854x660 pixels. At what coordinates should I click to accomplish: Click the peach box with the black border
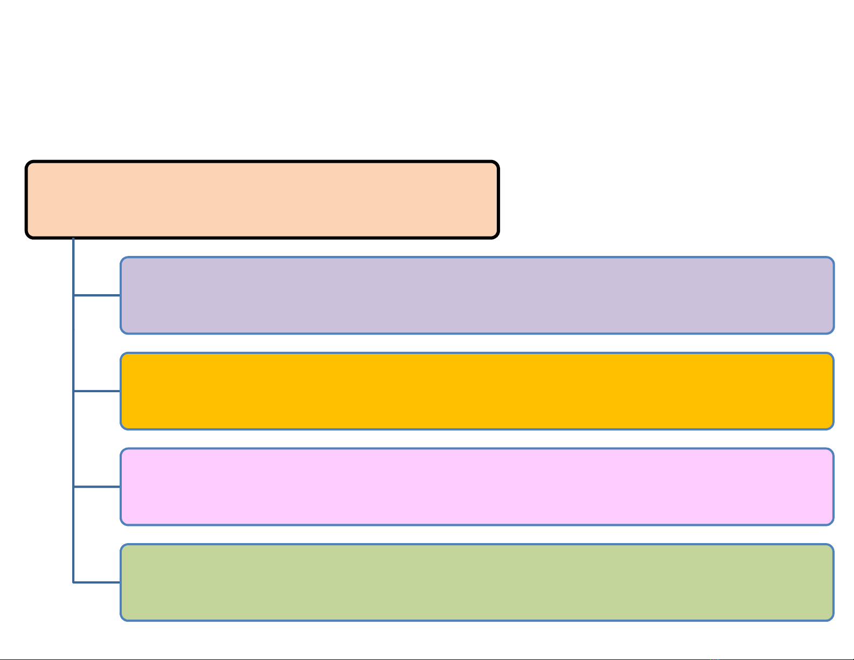pyautogui.click(x=262, y=199)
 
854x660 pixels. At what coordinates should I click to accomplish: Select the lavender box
pyautogui.click(x=477, y=295)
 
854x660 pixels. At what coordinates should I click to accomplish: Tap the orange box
pyautogui.click(x=477, y=391)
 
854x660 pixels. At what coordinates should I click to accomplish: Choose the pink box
pyautogui.click(x=477, y=487)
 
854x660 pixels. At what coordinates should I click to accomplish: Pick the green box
pyautogui.click(x=477, y=582)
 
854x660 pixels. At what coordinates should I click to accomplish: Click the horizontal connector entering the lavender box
pyautogui.click(x=97, y=295)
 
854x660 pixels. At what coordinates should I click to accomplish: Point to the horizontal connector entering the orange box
pyautogui.click(x=97, y=391)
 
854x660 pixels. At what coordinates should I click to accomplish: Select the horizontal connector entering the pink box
pyautogui.click(x=97, y=487)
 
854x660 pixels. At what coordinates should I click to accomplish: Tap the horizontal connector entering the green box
pyautogui.click(x=97, y=582)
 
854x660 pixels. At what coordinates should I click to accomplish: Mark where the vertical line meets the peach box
pyautogui.click(x=73, y=239)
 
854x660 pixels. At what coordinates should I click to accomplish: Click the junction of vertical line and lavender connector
pyautogui.click(x=73, y=295)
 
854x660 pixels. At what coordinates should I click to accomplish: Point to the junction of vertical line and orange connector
pyautogui.click(x=73, y=391)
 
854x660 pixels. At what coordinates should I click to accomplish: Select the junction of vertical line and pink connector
pyautogui.click(x=73, y=487)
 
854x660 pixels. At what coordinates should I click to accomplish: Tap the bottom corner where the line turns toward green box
pyautogui.click(x=73, y=582)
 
